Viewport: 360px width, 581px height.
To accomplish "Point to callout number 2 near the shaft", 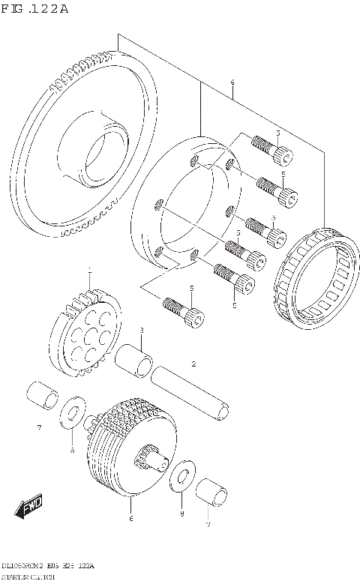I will click(193, 364).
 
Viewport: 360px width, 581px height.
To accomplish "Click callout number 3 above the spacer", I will click(141, 331).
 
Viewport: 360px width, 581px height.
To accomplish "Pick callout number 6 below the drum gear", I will click(130, 518).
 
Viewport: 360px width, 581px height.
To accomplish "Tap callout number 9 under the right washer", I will click(181, 513).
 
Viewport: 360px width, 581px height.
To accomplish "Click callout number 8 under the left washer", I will click(73, 450).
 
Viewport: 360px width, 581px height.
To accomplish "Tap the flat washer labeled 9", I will click(181, 480).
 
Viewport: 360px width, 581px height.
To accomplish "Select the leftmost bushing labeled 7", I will click(40, 395).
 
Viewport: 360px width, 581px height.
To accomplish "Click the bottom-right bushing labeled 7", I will click(212, 493).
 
